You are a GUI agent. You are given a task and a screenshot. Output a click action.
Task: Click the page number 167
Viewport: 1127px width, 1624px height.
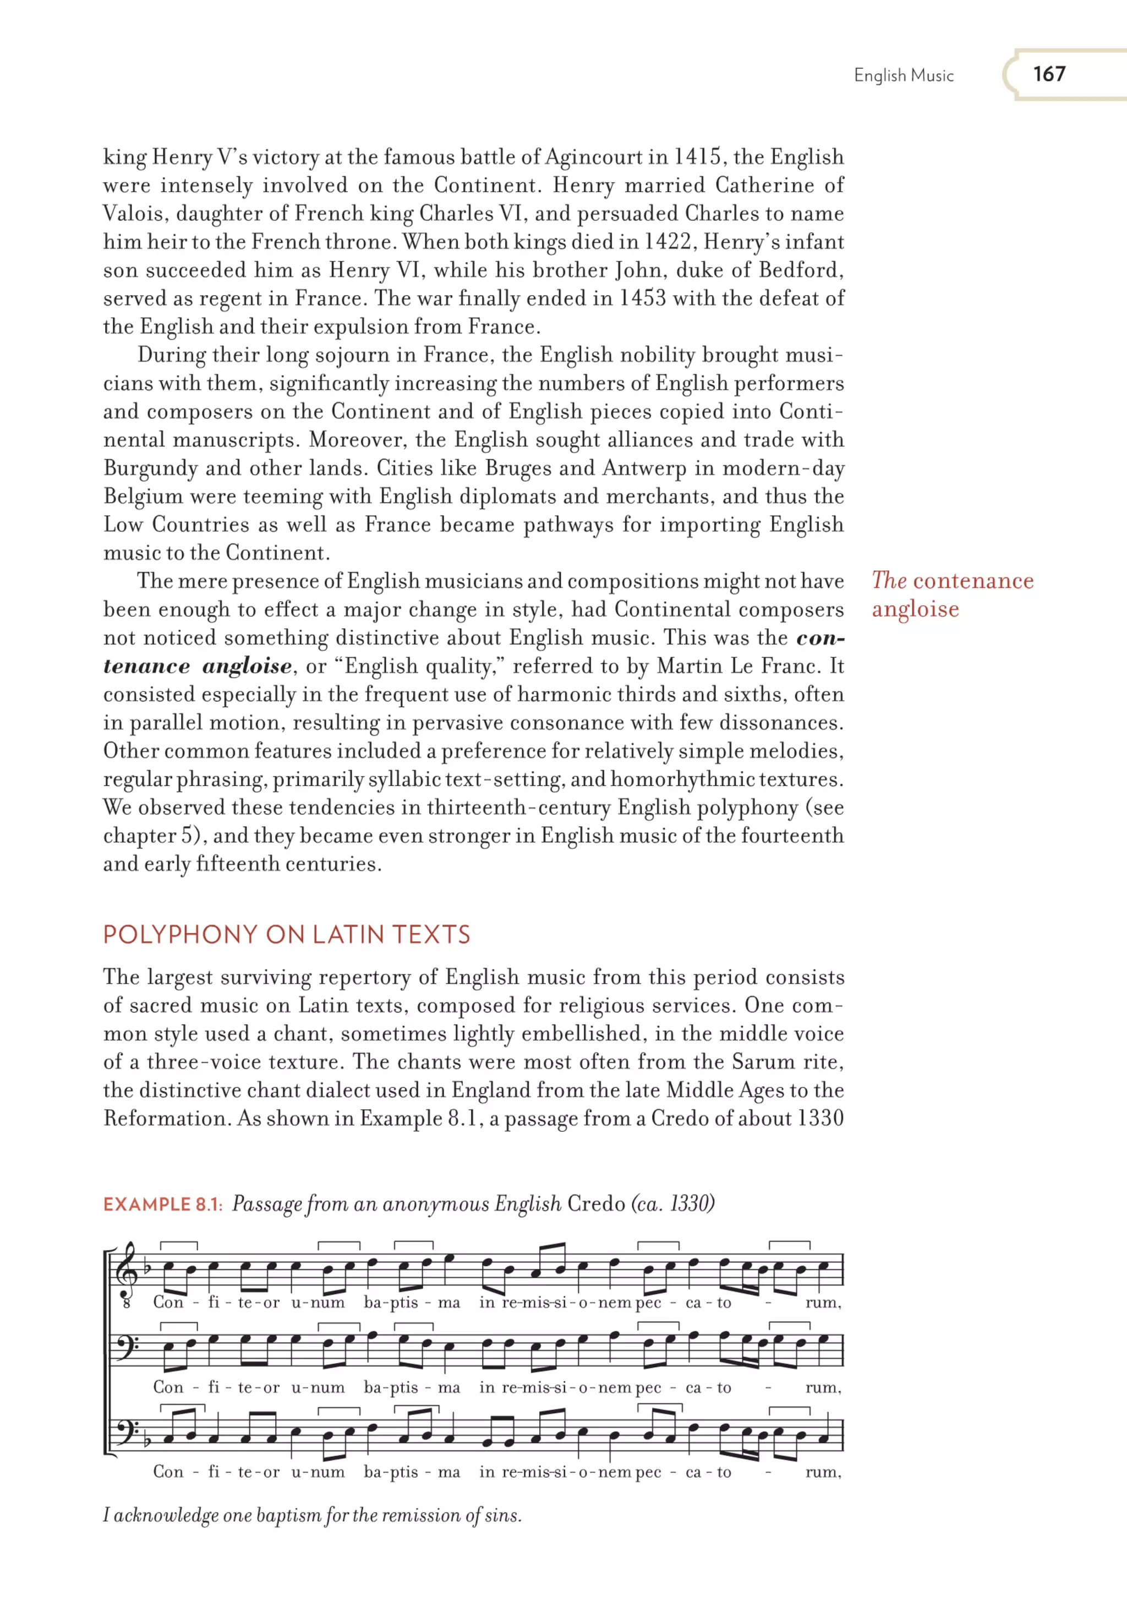coord(1049,74)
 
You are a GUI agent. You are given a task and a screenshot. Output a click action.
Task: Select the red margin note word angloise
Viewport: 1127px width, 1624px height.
coord(915,609)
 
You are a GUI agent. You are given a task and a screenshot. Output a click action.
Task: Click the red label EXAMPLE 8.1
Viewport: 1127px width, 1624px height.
coord(162,1205)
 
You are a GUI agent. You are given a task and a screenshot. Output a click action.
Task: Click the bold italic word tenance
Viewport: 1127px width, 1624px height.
coord(146,666)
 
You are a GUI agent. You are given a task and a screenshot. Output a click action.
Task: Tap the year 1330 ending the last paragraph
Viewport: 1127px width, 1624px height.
coord(820,1118)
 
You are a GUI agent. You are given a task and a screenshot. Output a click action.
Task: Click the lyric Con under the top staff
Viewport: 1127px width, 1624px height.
coord(168,1303)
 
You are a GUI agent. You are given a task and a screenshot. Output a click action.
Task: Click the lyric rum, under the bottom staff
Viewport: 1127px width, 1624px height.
coord(823,1472)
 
